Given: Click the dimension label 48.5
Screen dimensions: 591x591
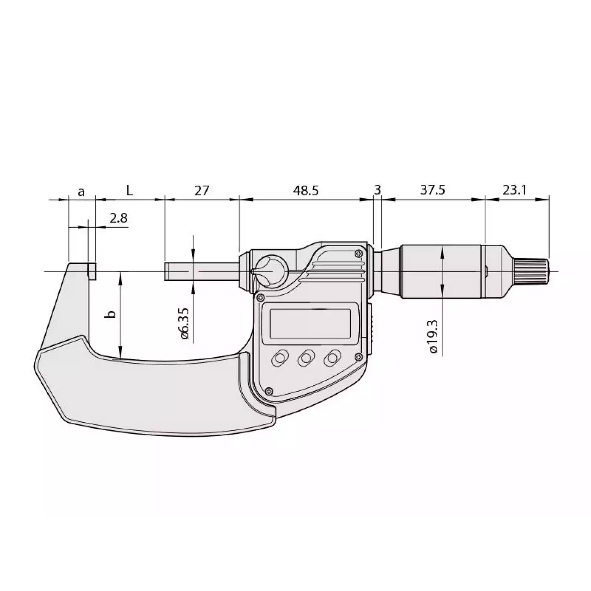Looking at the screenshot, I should (305, 190).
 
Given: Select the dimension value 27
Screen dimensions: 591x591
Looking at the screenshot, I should (201, 190).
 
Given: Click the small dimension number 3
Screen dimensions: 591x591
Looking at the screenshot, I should (377, 190).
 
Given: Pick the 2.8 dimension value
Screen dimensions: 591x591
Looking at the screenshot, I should (118, 218).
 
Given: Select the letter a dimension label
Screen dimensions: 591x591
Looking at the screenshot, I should (81, 191).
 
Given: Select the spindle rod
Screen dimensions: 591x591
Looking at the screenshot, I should (201, 271).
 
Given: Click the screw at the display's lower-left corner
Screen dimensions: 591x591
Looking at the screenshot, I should (269, 390).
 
